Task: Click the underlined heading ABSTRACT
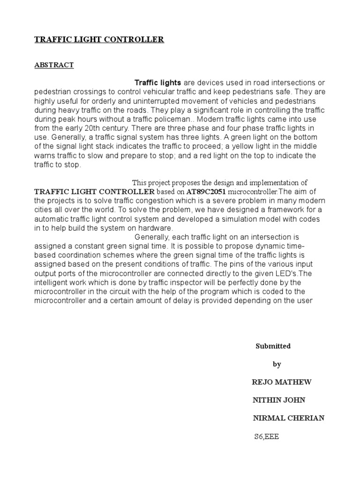54,65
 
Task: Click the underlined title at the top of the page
99,40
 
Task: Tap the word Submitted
273,346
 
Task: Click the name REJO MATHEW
282,382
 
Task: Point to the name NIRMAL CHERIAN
288,418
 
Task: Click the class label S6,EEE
266,436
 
